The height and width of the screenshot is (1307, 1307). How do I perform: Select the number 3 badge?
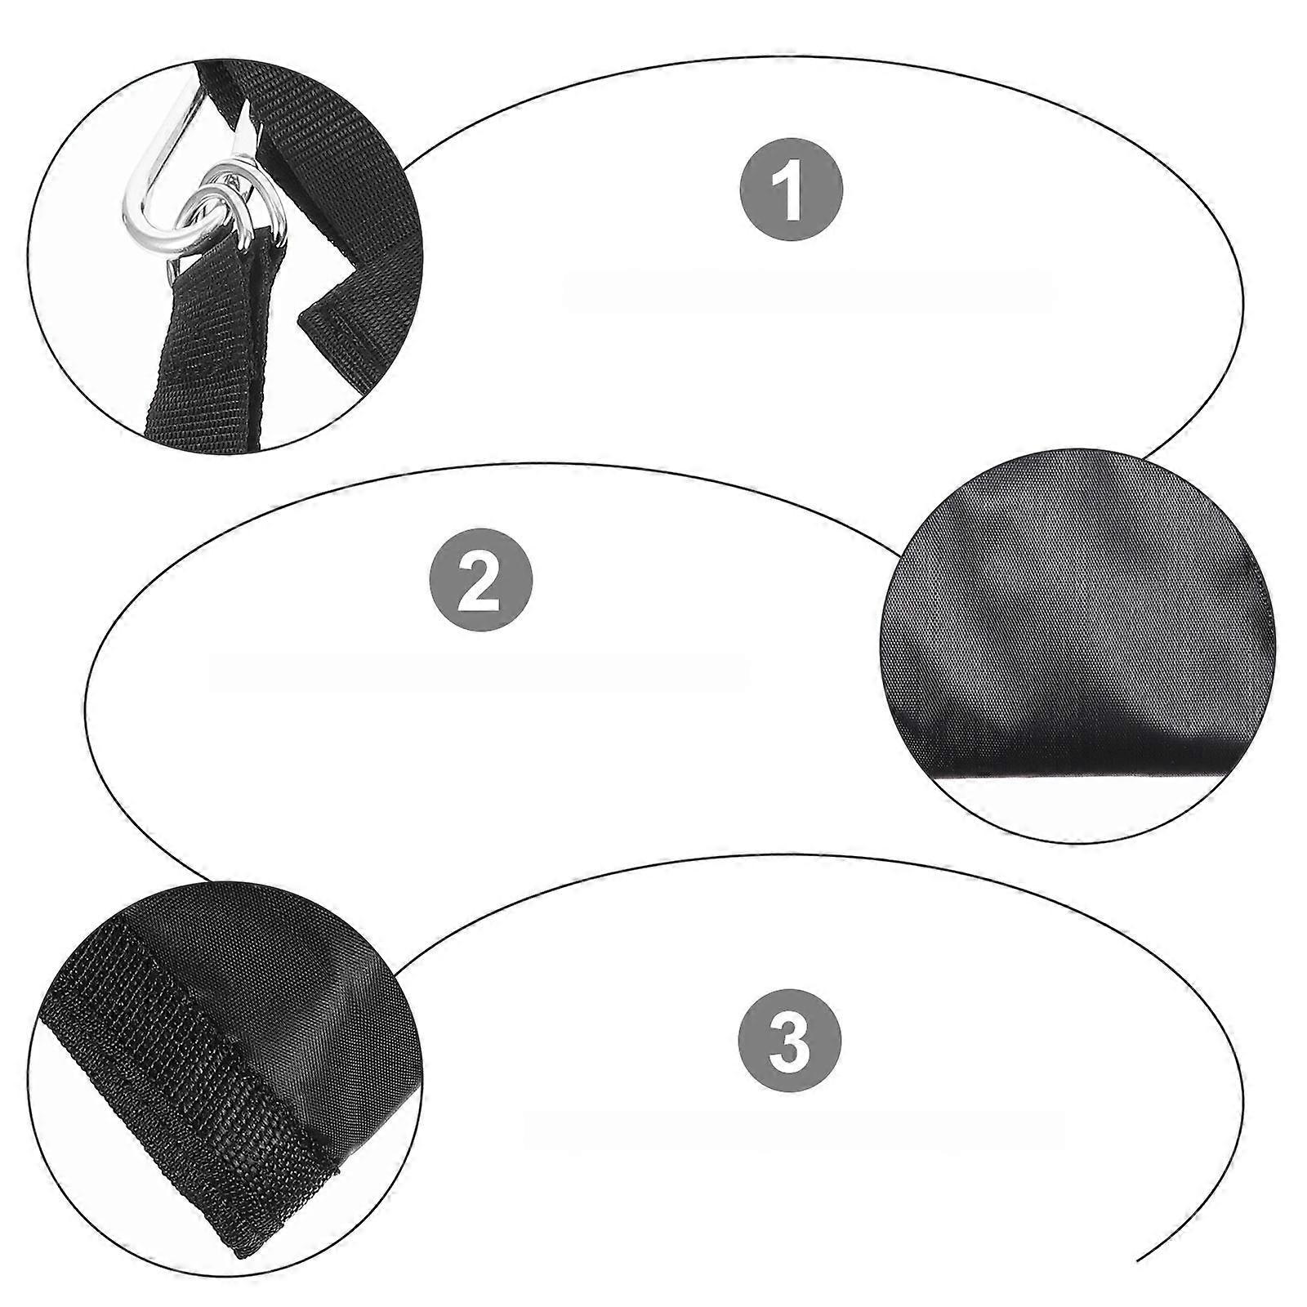790,1042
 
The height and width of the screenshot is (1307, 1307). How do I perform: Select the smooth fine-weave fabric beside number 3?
327,1013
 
